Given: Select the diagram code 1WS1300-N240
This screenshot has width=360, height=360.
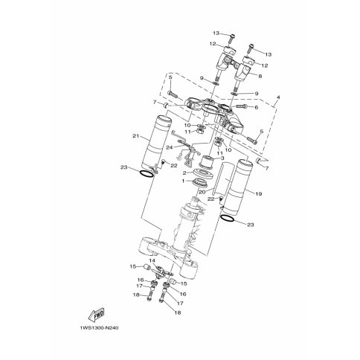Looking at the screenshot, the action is [99, 328].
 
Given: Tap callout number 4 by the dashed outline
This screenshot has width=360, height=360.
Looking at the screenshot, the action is [278, 97].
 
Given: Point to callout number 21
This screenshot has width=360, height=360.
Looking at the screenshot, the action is [135, 136].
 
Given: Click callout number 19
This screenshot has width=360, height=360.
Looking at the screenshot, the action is [258, 193].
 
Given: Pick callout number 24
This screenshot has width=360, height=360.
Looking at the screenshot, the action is [170, 147].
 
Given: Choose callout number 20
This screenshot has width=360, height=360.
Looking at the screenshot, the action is [202, 192].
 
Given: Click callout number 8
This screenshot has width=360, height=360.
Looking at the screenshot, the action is [260, 77].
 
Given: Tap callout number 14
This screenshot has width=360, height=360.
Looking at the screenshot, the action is [152, 260].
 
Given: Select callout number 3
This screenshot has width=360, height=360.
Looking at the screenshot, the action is [222, 158].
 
